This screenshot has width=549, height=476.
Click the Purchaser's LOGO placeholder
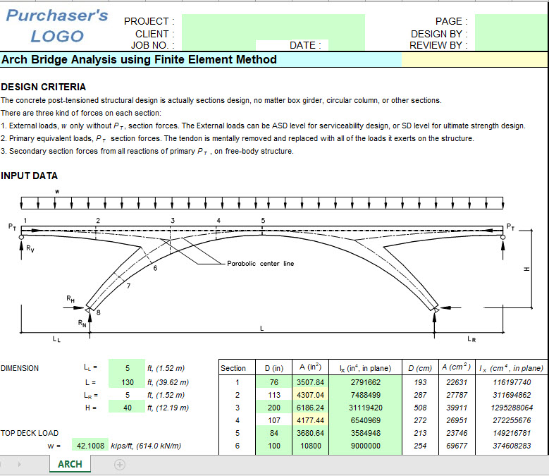coord(56,26)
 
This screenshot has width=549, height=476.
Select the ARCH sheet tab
coord(70,464)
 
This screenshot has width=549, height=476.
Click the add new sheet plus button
coord(120,464)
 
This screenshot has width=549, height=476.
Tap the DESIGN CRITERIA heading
coord(44,87)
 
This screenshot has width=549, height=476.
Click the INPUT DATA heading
coord(30,176)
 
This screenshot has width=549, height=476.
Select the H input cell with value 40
coord(127,408)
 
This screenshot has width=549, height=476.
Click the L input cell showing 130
coord(127,382)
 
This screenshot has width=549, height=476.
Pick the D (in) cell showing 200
coord(273,408)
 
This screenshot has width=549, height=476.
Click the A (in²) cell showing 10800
coord(310,446)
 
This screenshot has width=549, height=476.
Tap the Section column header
coord(233,368)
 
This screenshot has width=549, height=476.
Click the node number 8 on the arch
coord(97,312)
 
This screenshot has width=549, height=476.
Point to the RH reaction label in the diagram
coord(70,299)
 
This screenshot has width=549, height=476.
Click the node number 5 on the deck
coord(264,221)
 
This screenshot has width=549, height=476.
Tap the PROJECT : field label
coord(147,22)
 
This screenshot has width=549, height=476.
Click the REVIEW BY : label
coord(438,46)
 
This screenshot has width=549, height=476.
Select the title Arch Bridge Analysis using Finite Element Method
coord(140,60)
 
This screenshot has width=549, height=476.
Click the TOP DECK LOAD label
coord(30,433)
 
